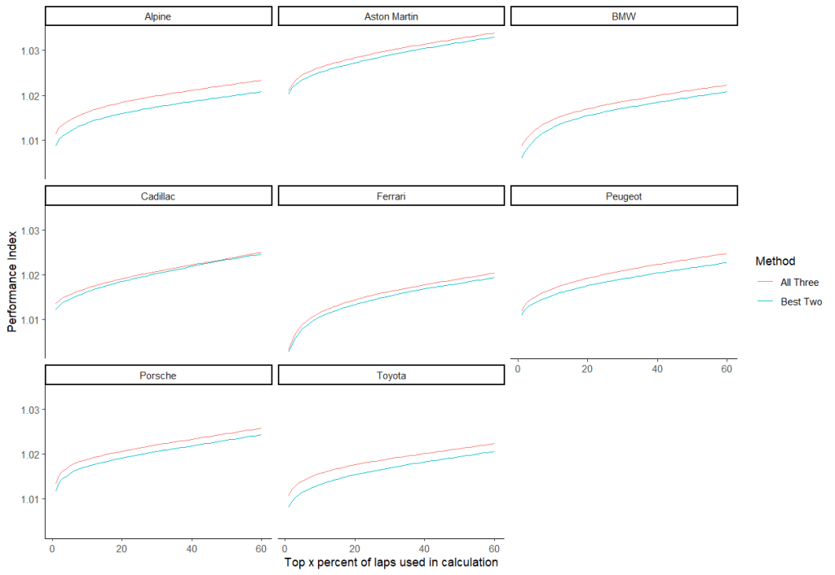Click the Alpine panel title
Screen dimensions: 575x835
157,16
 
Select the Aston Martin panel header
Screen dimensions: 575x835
391,16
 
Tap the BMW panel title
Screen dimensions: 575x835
624,16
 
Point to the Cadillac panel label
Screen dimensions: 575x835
157,195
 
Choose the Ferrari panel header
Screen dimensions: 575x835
391,195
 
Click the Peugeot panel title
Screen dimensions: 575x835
624,195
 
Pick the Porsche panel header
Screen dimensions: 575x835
157,375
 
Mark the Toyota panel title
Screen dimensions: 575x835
391,375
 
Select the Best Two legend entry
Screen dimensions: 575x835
799,301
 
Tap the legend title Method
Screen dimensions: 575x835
775,261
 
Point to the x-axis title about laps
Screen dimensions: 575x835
391,563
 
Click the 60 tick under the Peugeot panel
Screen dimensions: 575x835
726,370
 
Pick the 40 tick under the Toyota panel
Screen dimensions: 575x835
424,549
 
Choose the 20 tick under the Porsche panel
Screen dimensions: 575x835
121,549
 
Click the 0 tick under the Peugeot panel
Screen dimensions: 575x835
518,370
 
